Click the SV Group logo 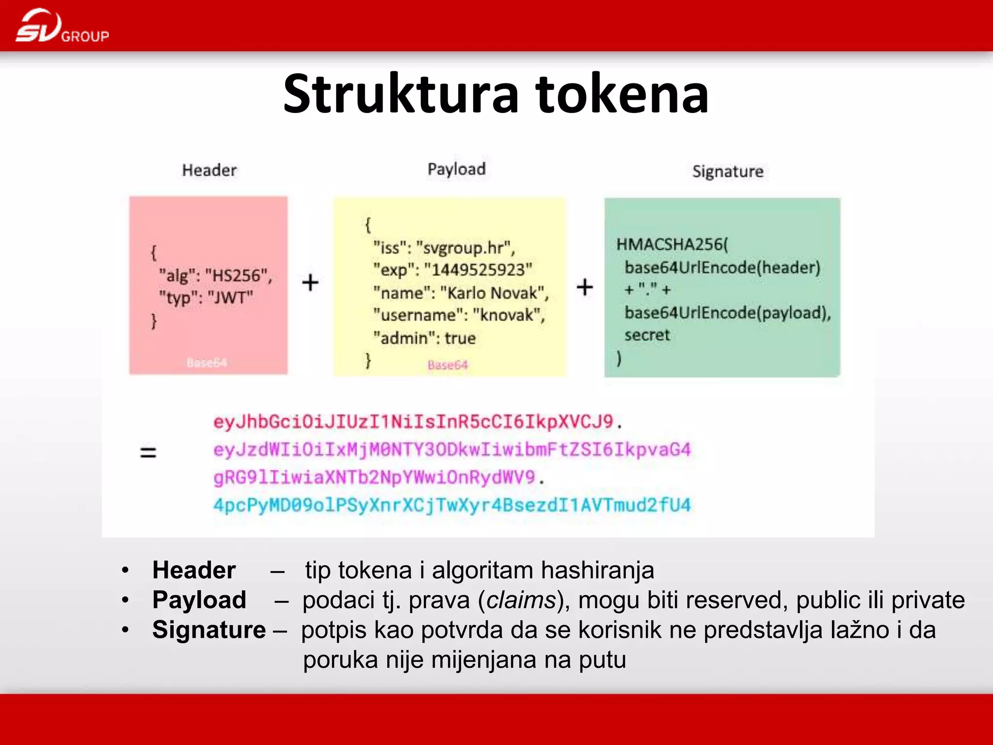[62, 26]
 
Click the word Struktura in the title [401, 94]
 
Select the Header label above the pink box [209, 170]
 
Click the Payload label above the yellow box [456, 169]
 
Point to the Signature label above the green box [728, 171]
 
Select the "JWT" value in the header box [230, 297]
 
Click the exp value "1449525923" [478, 270]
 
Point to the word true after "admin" [460, 338]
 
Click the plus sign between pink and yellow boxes [310, 282]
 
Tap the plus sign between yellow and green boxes [585, 287]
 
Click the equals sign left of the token [148, 453]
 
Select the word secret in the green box [647, 335]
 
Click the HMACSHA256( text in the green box [672, 244]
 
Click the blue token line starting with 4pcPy [452, 505]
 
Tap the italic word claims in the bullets [521, 600]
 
